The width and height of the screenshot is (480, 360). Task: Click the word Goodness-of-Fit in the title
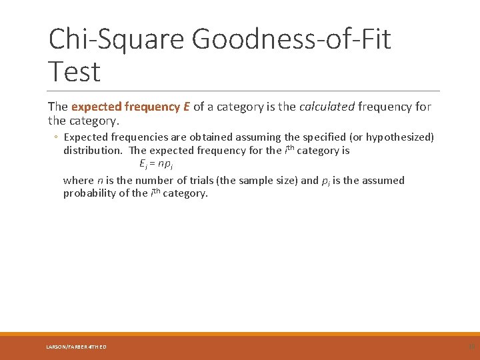click(x=291, y=39)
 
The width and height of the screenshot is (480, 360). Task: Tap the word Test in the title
click(x=74, y=72)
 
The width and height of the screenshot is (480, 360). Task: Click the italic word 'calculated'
click(x=327, y=107)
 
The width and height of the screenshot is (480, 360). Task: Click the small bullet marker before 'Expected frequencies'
click(x=56, y=137)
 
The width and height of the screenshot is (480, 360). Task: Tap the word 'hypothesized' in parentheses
click(x=399, y=137)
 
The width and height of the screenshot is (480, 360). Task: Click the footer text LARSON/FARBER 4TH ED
click(x=76, y=347)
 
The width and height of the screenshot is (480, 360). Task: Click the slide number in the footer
click(x=471, y=346)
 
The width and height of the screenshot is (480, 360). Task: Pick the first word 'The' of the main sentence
click(x=58, y=107)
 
